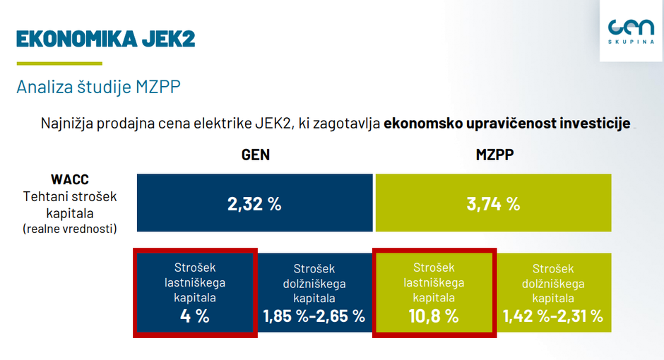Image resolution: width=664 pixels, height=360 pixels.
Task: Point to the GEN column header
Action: [255, 154]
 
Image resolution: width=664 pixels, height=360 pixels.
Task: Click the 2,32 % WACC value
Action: [254, 204]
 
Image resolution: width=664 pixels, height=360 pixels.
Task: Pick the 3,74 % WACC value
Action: [493, 204]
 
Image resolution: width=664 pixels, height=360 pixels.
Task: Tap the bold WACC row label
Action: [69, 179]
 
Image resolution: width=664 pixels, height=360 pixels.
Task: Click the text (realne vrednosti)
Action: [69, 228]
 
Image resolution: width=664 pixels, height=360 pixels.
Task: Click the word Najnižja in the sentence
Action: [66, 123]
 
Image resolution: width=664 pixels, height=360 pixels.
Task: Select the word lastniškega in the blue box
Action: [194, 282]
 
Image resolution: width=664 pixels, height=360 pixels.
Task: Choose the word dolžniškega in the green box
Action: [553, 283]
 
